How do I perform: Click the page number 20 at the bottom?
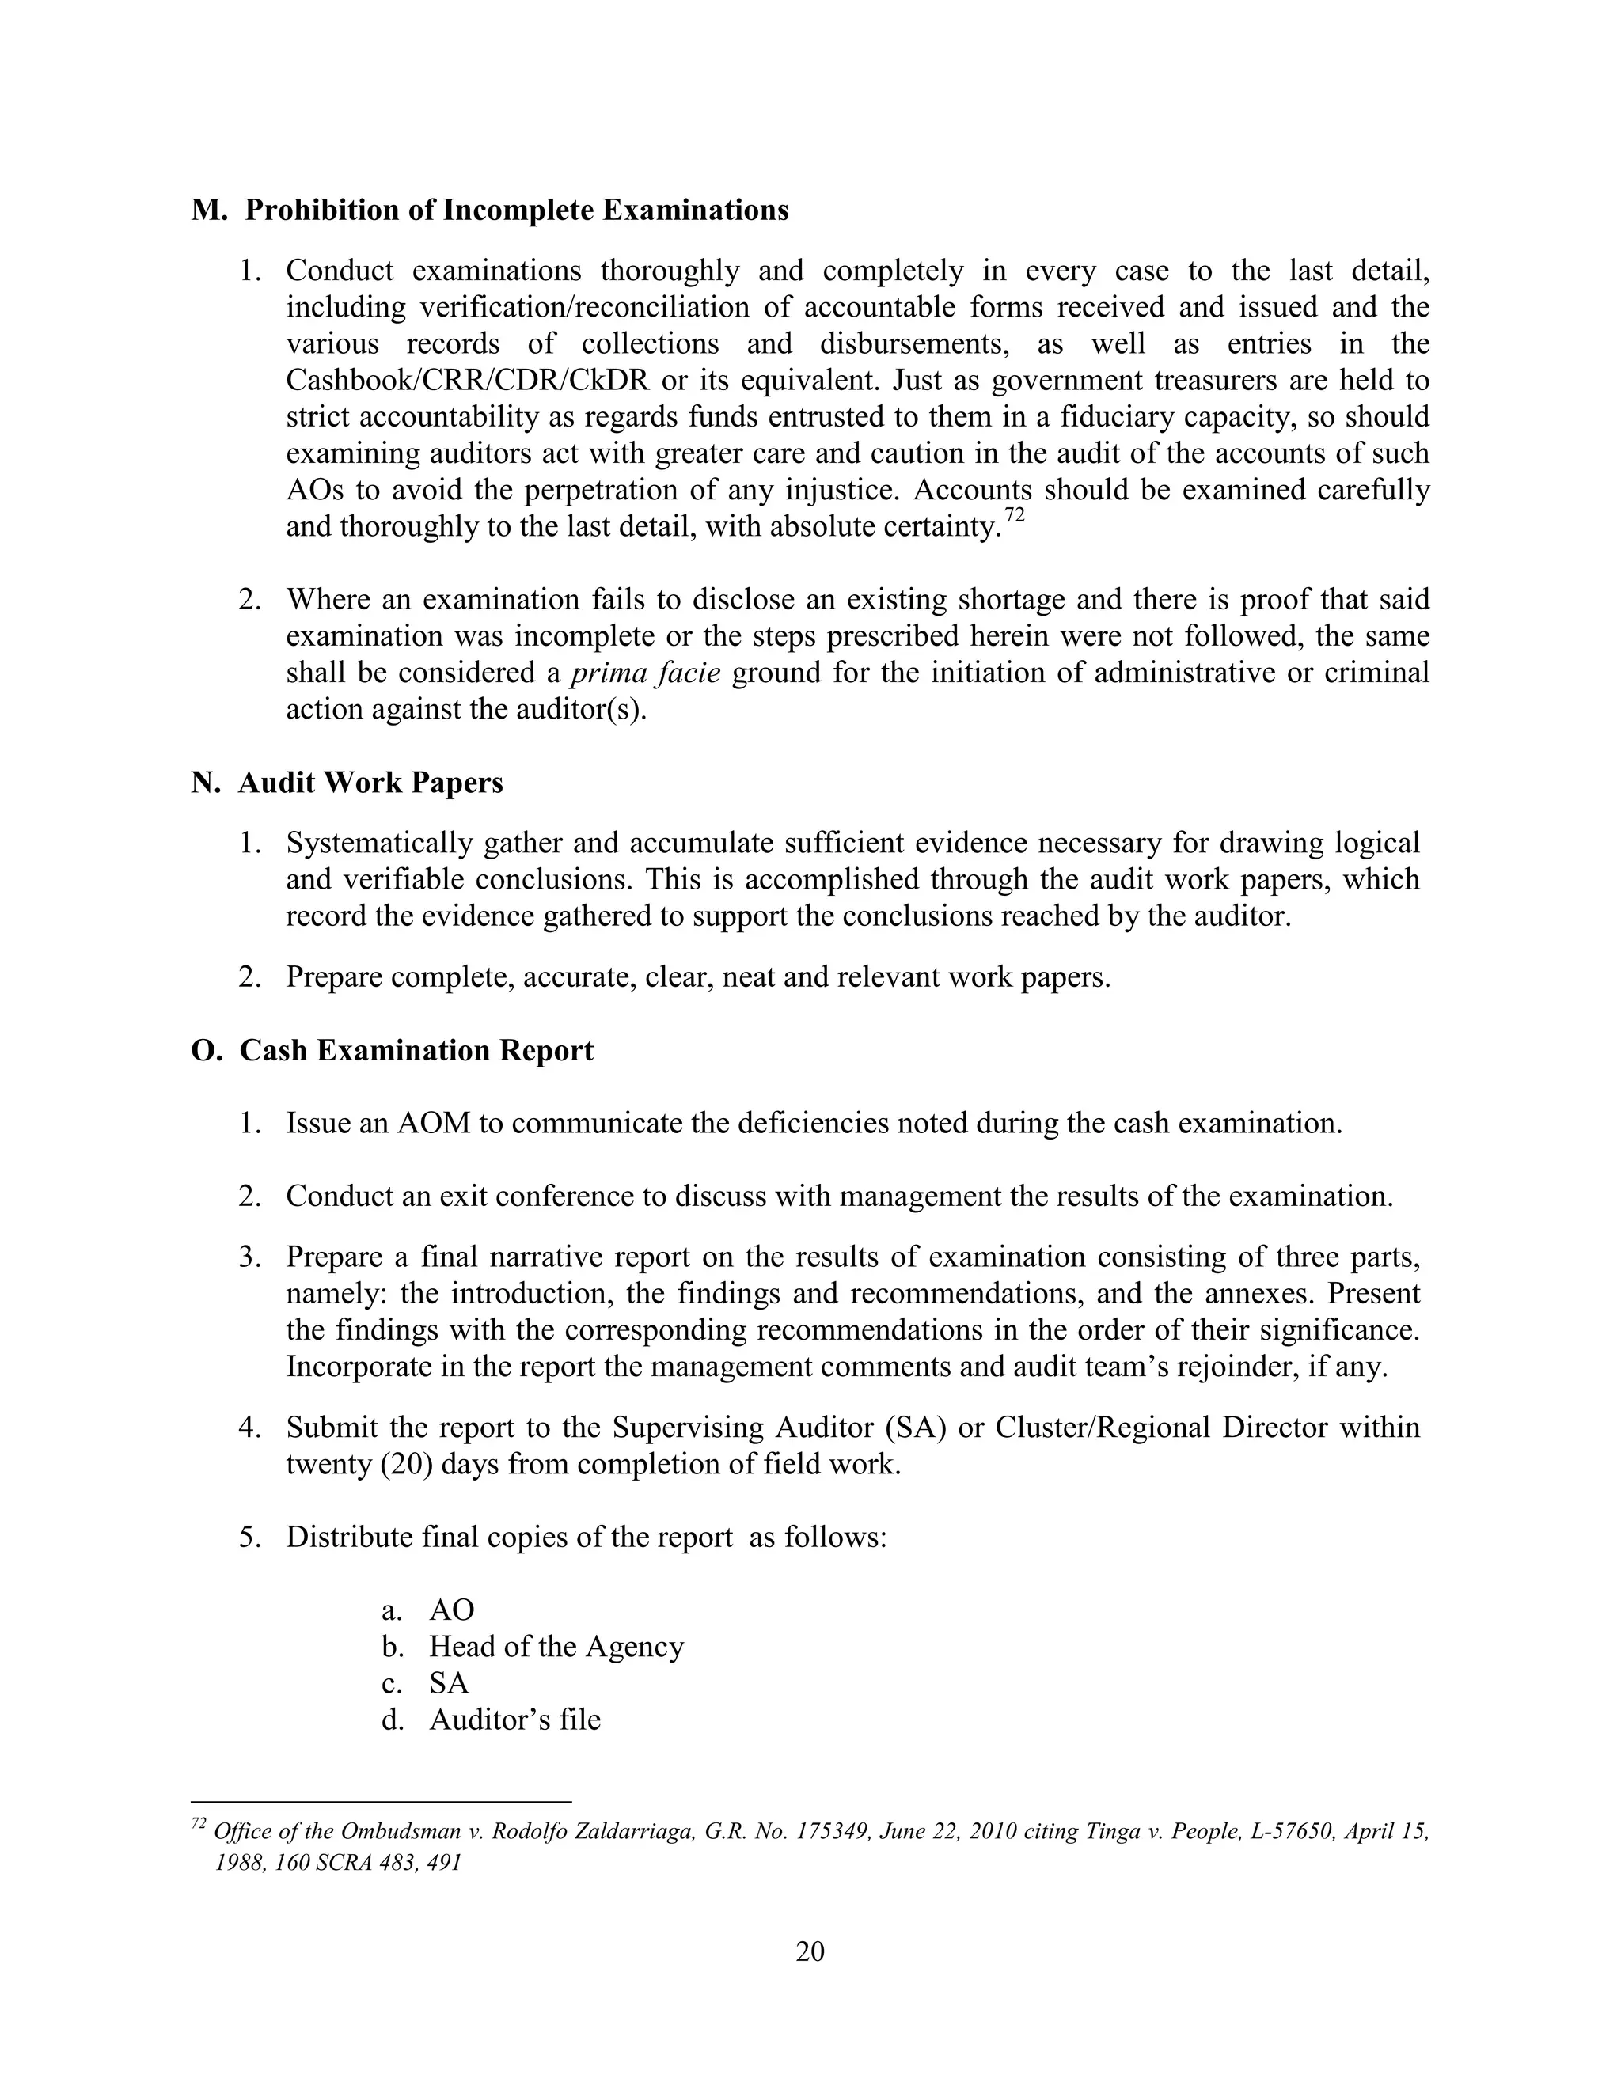tap(810, 1952)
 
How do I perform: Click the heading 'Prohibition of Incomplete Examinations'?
tap(516, 210)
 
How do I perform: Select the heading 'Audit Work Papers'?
tap(370, 783)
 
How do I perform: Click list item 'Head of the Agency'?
tap(555, 1647)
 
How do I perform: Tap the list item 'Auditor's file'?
tap(514, 1720)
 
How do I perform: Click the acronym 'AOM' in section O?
tap(433, 1124)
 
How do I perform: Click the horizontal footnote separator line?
tap(382, 1802)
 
